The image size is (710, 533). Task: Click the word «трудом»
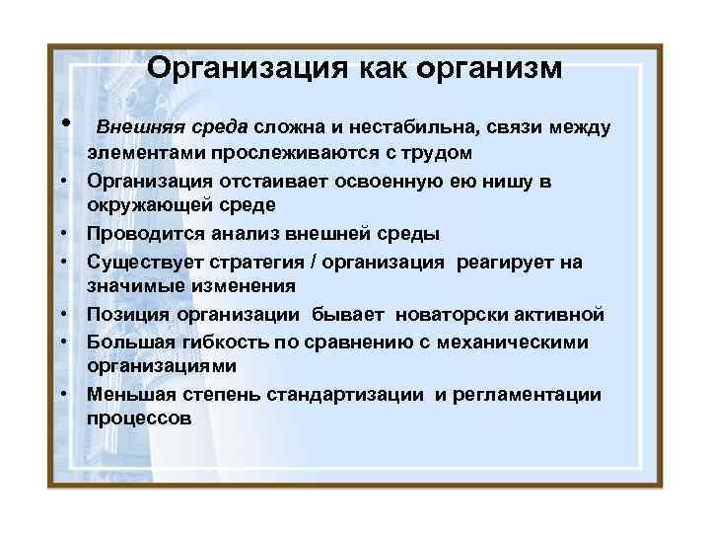(x=435, y=154)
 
